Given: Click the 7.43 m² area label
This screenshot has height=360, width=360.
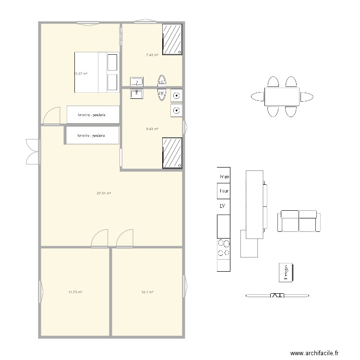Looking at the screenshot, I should pyautogui.click(x=152, y=55).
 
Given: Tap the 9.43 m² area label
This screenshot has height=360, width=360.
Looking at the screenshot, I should pyautogui.click(x=152, y=129).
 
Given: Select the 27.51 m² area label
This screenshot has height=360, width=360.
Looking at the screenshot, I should pyautogui.click(x=104, y=193).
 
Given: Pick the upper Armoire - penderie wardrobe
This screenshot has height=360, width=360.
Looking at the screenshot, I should pyautogui.click(x=93, y=115).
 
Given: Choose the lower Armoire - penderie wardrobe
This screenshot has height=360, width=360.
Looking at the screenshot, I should pyautogui.click(x=92, y=135).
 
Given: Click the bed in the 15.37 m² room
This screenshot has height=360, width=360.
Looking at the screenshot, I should pyautogui.click(x=96, y=72).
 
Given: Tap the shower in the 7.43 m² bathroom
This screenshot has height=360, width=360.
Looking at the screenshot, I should pyautogui.click(x=172, y=39).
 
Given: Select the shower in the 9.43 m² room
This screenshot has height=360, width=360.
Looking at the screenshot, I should pyautogui.click(x=172, y=153).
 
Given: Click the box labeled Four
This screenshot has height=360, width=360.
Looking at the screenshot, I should pyautogui.click(x=224, y=191).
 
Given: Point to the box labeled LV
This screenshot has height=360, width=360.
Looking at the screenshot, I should pyautogui.click(x=223, y=206).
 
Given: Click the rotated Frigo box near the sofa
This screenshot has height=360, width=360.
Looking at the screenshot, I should pyautogui.click(x=286, y=272).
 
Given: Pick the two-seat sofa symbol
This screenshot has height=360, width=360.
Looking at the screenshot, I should pyautogui.click(x=299, y=221).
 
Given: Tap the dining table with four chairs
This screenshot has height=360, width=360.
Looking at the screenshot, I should pyautogui.click(x=282, y=96).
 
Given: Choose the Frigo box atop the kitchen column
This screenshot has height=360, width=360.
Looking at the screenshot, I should pyautogui.click(x=224, y=176).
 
